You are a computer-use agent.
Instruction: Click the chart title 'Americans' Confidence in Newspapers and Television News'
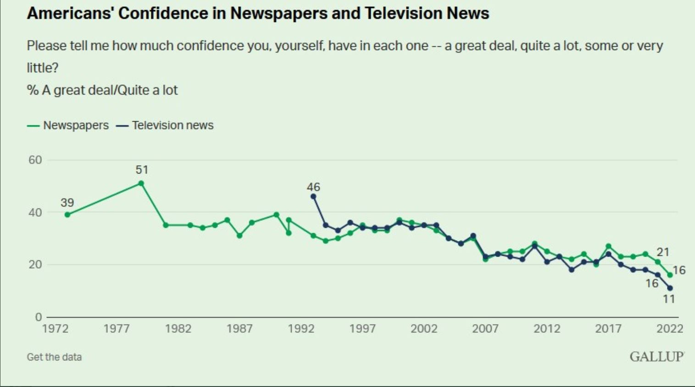click(258, 13)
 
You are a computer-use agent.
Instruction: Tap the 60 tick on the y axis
click(35, 160)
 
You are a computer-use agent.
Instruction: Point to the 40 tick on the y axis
click(35, 213)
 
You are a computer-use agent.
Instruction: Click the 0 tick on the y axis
click(38, 317)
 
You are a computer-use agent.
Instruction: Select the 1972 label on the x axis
click(55, 329)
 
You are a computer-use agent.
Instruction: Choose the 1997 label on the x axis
click(362, 329)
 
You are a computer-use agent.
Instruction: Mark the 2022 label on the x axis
click(670, 329)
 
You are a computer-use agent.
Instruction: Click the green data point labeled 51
click(141, 183)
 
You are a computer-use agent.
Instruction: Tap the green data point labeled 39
click(67, 214)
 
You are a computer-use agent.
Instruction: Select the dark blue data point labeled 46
click(313, 196)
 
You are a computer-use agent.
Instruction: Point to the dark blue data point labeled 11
click(670, 288)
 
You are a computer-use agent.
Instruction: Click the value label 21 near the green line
click(663, 252)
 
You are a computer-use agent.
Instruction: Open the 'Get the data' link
click(54, 357)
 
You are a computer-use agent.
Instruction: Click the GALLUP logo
click(656, 357)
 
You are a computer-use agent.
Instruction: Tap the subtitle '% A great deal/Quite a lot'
click(102, 90)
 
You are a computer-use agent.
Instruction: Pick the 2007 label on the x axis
click(485, 329)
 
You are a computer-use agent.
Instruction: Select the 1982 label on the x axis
click(178, 329)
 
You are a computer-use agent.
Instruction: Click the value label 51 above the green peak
click(142, 170)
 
